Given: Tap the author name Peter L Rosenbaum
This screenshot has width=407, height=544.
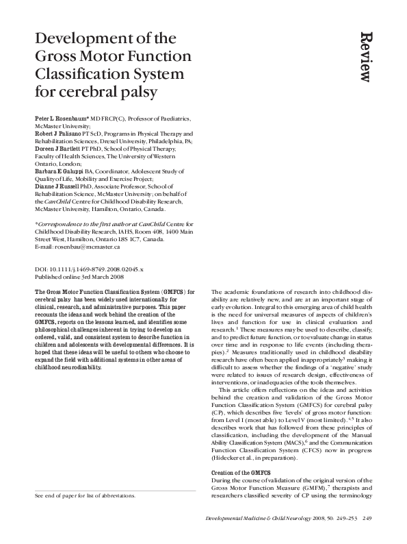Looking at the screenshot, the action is (x=66, y=119).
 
